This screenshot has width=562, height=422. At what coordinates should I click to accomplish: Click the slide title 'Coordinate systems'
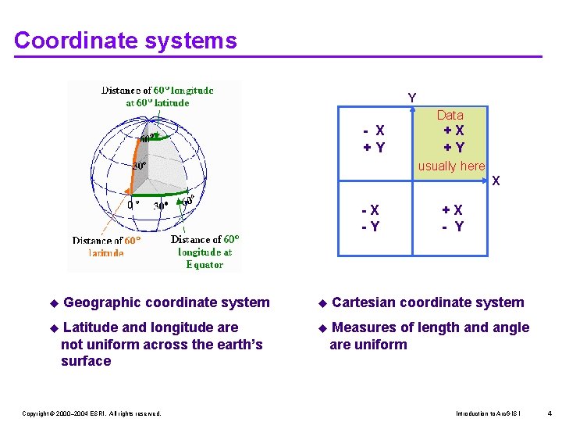(125, 40)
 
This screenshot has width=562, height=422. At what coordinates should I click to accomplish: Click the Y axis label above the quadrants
(412, 98)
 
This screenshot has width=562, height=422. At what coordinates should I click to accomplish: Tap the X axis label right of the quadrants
(496, 181)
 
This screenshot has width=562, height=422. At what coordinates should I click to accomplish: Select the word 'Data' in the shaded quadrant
(450, 115)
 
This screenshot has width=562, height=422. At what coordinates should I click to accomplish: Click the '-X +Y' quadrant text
(374, 139)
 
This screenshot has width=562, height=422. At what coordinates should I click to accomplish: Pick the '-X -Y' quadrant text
(371, 218)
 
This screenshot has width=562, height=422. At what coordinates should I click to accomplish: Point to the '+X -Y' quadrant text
(453, 218)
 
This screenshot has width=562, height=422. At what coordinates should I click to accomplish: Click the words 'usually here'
(451, 166)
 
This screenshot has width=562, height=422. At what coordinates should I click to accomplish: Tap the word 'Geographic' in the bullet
(101, 302)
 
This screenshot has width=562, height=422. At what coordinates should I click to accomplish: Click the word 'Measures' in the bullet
(364, 327)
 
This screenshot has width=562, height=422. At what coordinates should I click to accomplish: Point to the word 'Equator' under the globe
(205, 264)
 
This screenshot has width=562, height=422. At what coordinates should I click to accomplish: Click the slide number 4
(550, 413)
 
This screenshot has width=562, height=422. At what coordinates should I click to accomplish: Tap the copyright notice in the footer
(91, 413)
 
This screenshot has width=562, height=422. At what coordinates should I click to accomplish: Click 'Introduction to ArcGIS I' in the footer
(488, 413)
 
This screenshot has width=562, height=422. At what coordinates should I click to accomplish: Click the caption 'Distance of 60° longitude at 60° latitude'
(158, 96)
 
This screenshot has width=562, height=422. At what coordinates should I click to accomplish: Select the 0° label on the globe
(133, 205)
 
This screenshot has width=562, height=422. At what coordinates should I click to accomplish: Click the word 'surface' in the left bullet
(86, 361)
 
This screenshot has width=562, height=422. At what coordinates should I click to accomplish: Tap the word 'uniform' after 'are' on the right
(382, 345)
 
